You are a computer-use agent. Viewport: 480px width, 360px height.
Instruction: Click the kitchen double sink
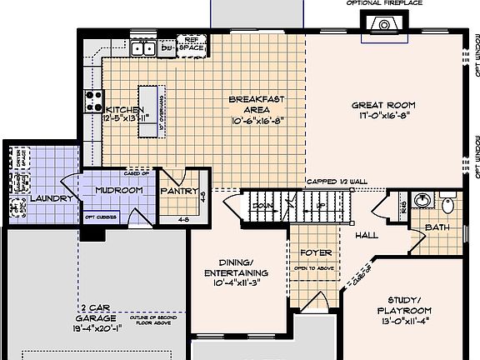[142, 49]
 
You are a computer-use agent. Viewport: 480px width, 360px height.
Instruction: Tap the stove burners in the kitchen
[93, 102]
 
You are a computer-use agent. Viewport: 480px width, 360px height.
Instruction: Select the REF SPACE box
[192, 44]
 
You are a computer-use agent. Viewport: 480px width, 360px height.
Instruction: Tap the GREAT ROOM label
[382, 105]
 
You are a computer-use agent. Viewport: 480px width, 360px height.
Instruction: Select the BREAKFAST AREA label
[257, 104]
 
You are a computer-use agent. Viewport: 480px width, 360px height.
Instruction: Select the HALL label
[367, 235]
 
